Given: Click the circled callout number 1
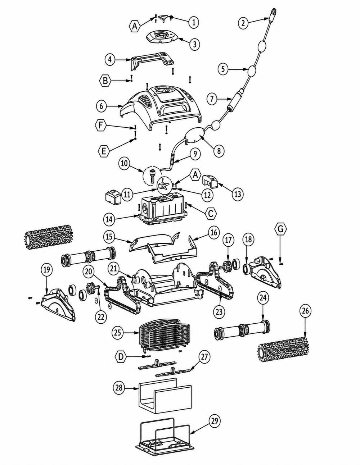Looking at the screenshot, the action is point(194,22).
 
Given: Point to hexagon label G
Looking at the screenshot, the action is point(280,229).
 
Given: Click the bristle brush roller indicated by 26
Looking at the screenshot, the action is point(282,350).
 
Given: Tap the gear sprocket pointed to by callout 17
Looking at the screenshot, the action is point(227,266).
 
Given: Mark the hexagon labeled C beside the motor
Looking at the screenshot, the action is point(211,213).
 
